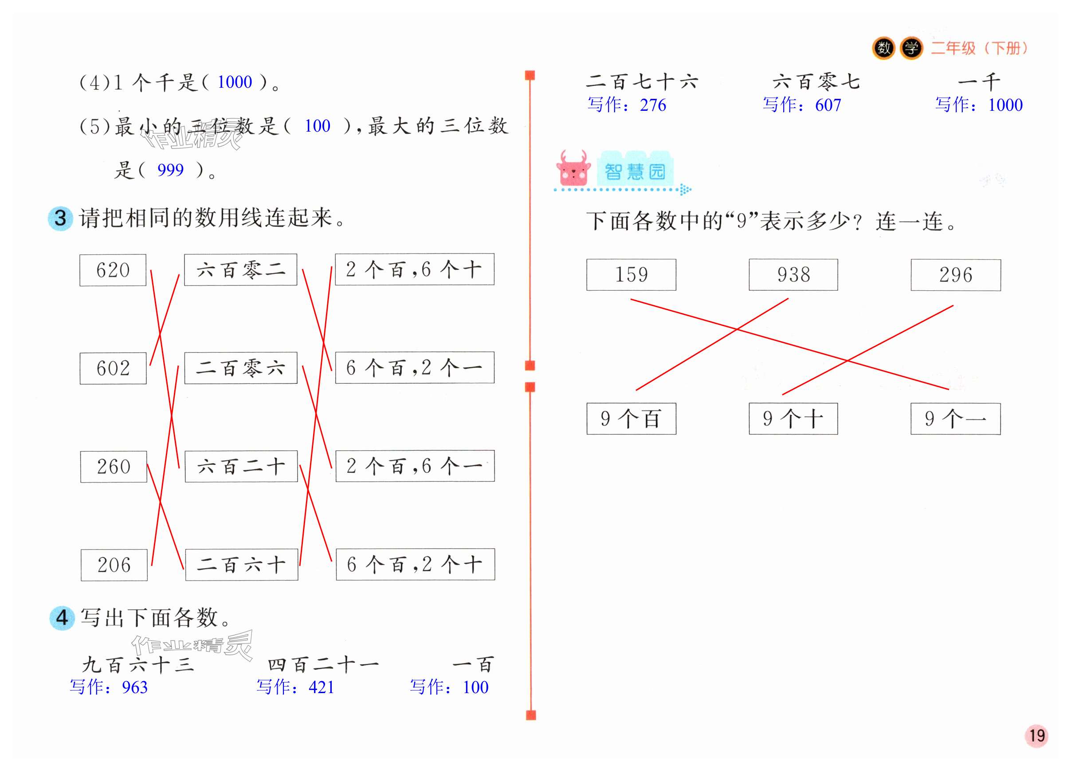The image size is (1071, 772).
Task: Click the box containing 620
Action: click(x=113, y=270)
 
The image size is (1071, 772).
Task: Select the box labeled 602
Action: click(x=113, y=368)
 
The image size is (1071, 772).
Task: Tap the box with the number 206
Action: click(x=114, y=565)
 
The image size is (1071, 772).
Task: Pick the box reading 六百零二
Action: click(x=240, y=269)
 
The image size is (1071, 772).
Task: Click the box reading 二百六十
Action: click(x=241, y=564)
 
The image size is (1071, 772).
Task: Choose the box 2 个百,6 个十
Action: click(x=414, y=269)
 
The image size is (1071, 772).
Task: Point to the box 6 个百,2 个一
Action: click(x=414, y=367)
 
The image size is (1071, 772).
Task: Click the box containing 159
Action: click(x=631, y=274)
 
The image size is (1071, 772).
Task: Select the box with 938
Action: click(x=793, y=274)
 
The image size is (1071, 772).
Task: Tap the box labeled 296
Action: click(x=955, y=275)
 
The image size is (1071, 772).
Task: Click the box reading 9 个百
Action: click(x=631, y=418)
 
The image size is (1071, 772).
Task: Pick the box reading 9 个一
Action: click(x=955, y=418)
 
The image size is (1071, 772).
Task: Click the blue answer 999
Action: click(x=170, y=170)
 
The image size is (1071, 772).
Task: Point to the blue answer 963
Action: click(x=134, y=687)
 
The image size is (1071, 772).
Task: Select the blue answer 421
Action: click(x=321, y=687)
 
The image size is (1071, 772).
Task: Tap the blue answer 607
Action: click(x=828, y=105)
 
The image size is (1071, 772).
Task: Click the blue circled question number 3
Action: click(x=60, y=218)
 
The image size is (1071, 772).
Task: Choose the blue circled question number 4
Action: click(x=62, y=618)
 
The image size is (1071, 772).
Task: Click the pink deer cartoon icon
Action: click(x=573, y=168)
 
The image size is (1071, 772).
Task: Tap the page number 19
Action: click(x=1036, y=736)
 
